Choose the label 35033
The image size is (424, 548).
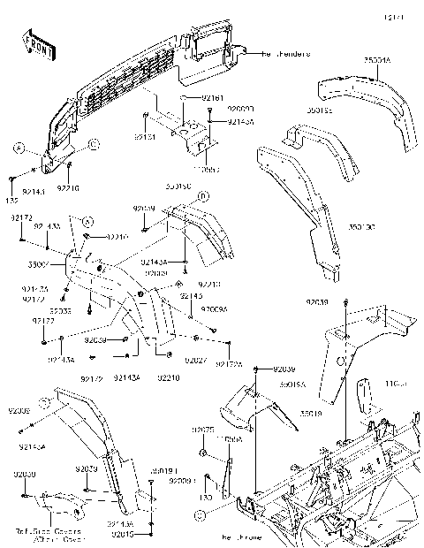[60, 310]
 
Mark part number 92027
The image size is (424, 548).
[196, 362]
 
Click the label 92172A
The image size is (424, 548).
[229, 362]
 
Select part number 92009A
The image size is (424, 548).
[214, 309]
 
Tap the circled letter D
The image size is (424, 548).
[202, 195]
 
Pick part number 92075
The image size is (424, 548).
[203, 429]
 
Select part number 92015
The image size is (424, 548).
[146, 535]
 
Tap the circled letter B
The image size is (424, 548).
[94, 141]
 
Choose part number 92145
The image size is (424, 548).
[191, 296]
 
